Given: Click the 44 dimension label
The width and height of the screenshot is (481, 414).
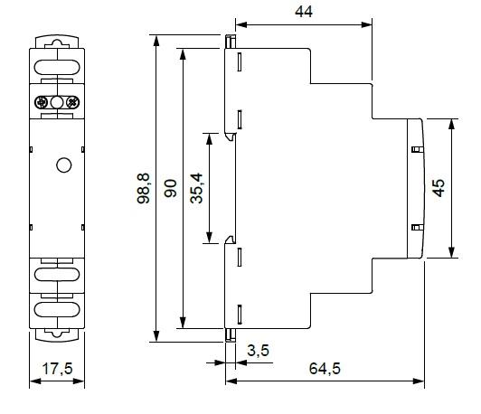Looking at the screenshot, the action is click(x=304, y=12).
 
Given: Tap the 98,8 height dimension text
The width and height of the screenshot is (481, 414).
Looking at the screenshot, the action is click(x=144, y=188).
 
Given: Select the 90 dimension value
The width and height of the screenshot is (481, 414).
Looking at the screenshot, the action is click(x=171, y=188).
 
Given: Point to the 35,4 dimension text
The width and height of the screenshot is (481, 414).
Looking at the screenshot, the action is click(x=196, y=188).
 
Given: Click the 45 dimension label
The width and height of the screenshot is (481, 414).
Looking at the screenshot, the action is click(x=439, y=188).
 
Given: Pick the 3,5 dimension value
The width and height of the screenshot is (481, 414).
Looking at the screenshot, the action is click(x=259, y=351).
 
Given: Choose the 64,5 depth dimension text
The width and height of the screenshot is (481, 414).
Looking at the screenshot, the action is click(x=325, y=368).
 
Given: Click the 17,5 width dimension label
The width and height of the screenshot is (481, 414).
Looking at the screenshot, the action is click(x=57, y=368).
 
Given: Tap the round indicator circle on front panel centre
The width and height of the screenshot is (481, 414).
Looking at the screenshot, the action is click(x=64, y=165).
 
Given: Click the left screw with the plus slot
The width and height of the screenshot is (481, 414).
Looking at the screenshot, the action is click(x=41, y=102).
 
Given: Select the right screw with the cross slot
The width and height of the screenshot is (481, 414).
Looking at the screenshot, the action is click(x=73, y=102).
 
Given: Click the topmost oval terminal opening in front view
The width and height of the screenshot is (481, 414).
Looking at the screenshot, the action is click(x=57, y=68).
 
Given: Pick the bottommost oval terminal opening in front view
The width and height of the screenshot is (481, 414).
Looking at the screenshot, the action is click(x=57, y=309).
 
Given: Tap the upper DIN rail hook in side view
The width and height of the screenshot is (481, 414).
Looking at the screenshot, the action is click(x=230, y=136).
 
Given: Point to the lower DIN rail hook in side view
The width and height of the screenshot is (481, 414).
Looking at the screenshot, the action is click(x=230, y=240).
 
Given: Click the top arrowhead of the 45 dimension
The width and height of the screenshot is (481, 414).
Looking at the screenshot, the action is click(x=451, y=124).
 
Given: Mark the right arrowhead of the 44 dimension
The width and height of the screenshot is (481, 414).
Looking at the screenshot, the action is click(x=366, y=24).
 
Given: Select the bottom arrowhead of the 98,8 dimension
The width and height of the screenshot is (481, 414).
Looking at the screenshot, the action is click(x=156, y=335).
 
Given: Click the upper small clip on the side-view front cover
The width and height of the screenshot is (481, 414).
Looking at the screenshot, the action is click(x=417, y=150).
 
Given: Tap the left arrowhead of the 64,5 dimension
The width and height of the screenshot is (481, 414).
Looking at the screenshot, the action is click(x=231, y=381).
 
